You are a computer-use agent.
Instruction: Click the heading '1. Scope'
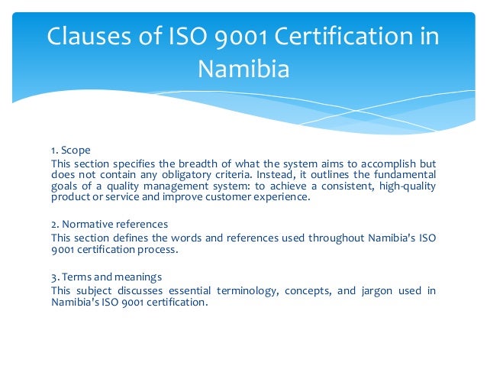click(x=71, y=151)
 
